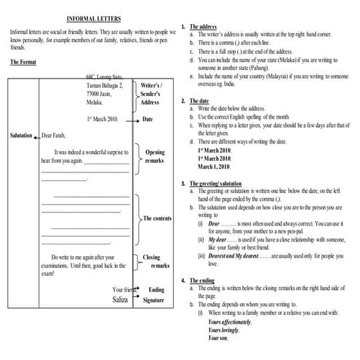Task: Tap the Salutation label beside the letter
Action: [x=24, y=135]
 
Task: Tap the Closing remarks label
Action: [x=152, y=261]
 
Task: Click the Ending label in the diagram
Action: [x=156, y=289]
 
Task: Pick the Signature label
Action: [x=153, y=300]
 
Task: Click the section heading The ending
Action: [x=201, y=280]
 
